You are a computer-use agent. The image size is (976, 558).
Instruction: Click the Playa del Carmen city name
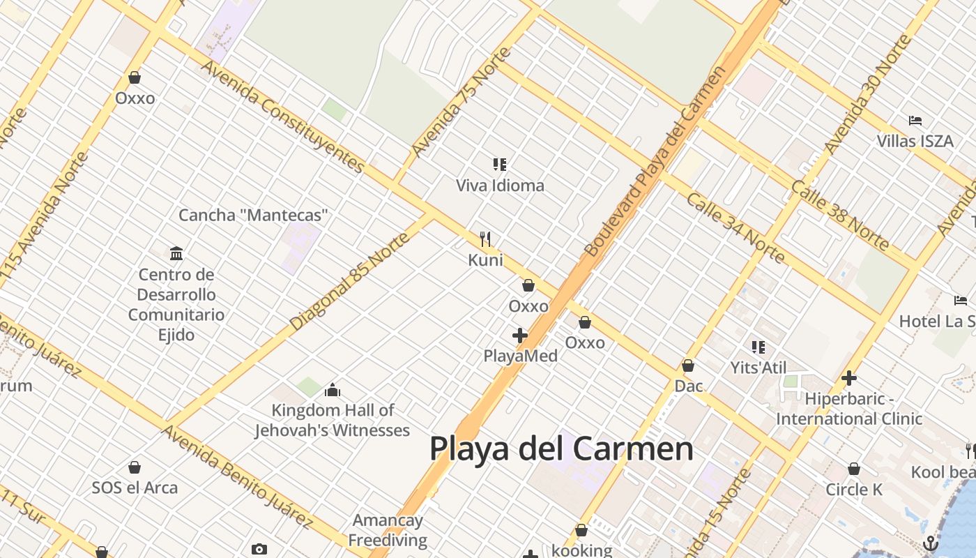pos(561,448)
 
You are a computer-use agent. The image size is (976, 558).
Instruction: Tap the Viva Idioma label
pos(500,186)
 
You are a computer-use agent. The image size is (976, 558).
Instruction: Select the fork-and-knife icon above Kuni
pos(486,239)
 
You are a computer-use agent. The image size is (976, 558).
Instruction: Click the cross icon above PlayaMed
pos(520,335)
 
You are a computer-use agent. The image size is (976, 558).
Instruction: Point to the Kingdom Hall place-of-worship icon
pos(333,389)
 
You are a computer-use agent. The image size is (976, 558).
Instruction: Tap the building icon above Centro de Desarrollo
pos(176,253)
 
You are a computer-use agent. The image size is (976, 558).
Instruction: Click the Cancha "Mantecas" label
pos(253,215)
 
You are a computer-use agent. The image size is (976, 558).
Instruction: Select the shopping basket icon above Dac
pos(688,365)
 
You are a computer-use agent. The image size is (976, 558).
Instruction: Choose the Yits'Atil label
pos(758,368)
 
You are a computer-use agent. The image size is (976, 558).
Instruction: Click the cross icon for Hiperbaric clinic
pos(849,378)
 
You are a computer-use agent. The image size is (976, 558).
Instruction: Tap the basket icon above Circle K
pos(854,469)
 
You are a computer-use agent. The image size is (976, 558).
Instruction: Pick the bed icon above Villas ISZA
pos(915,121)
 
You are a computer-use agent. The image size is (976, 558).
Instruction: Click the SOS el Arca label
pos(135,488)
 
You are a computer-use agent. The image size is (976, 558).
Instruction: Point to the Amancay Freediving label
pos(388,530)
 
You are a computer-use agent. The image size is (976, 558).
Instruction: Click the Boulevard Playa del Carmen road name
pos(655,162)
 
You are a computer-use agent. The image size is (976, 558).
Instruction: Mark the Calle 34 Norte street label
pos(735,227)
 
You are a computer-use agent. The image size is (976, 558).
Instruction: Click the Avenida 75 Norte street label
pos(461,102)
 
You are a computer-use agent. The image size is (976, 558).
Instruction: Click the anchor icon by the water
pos(931,543)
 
